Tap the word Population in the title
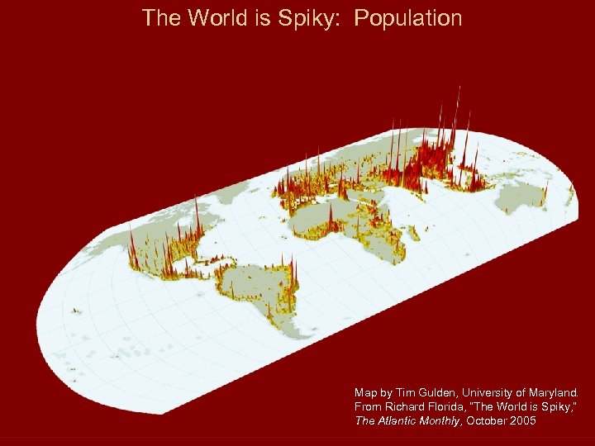click(x=408, y=18)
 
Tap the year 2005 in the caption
click(x=521, y=421)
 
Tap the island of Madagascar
click(x=402, y=249)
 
